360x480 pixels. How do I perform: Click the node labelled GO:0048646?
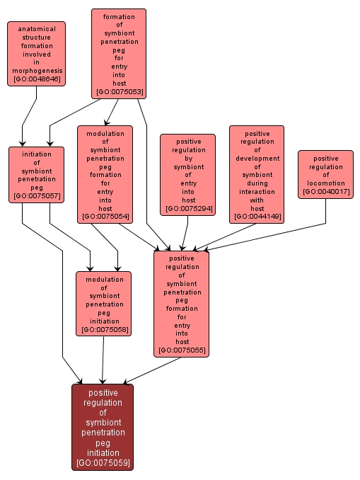(x=37, y=54)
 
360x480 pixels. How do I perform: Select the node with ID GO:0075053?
(x=118, y=53)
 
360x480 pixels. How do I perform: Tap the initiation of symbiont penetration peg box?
(x=36, y=174)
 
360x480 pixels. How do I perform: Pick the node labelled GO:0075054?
(x=105, y=174)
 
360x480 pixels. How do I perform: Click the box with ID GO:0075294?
(x=187, y=174)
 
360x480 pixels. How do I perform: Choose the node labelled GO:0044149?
(x=257, y=174)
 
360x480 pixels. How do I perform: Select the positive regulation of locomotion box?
(x=325, y=174)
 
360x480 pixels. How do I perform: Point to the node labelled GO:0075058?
(x=104, y=304)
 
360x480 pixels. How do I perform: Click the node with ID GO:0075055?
(x=181, y=304)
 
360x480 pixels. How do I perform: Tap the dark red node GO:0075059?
(x=102, y=427)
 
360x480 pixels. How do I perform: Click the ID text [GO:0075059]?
(x=102, y=464)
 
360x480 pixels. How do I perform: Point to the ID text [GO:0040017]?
(x=325, y=192)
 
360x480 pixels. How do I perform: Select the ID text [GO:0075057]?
(x=36, y=197)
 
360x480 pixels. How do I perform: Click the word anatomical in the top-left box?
(x=37, y=29)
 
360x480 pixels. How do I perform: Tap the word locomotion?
(x=325, y=183)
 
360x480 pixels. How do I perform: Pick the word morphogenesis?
(x=37, y=71)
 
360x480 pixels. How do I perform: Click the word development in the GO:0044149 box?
(x=257, y=158)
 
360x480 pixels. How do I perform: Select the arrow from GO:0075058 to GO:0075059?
(x=103, y=360)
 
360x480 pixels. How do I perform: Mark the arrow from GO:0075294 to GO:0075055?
(x=185, y=233)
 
